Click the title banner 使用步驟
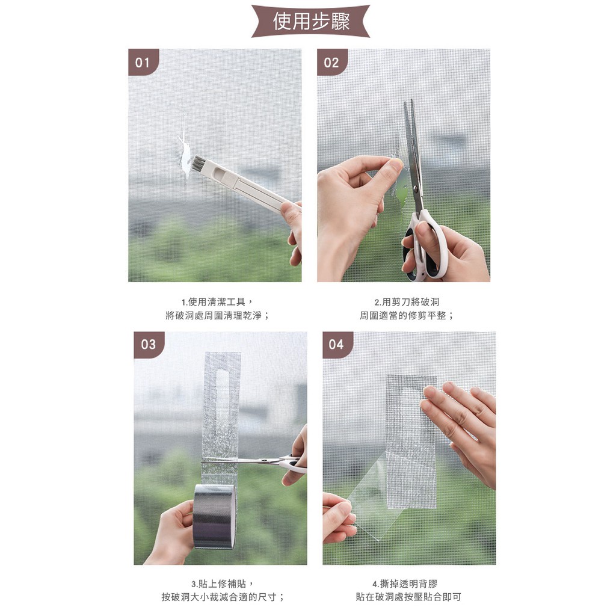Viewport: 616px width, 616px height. tap(310, 21)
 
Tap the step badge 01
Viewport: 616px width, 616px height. tap(143, 62)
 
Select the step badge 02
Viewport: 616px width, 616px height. tap(331, 62)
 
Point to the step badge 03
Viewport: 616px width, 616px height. tap(149, 345)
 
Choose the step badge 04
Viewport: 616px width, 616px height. tap(337, 345)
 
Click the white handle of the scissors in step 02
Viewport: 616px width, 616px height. tap(427, 245)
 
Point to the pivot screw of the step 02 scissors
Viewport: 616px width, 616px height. tap(416, 190)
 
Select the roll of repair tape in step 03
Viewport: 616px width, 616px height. tap(215, 516)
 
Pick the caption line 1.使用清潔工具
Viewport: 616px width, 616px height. tap(217, 302)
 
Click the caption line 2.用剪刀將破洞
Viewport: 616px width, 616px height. tap(406, 302)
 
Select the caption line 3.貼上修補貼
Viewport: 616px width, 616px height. tap(223, 584)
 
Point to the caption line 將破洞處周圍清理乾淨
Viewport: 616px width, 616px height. tap(218, 315)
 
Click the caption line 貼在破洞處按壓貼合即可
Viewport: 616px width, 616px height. tap(408, 597)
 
